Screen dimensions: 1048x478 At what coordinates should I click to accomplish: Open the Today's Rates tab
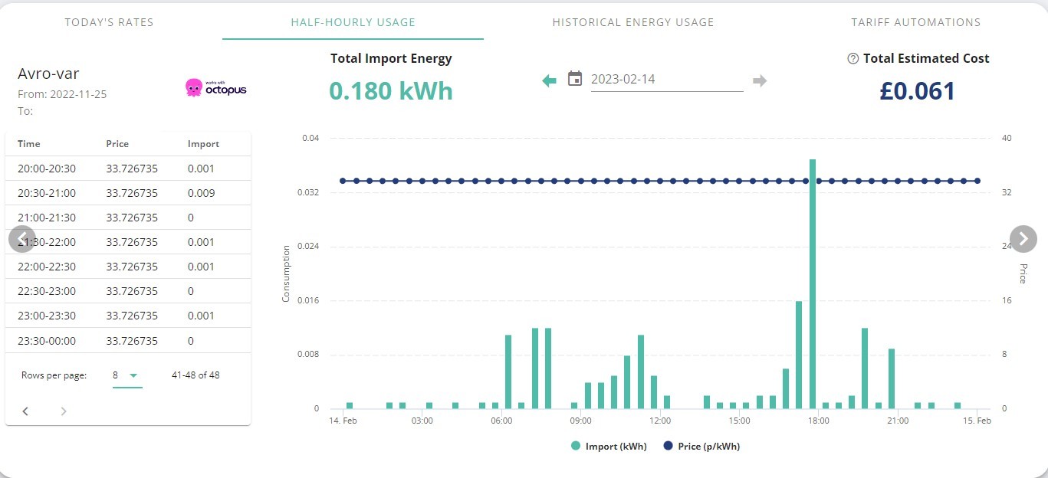click(109, 22)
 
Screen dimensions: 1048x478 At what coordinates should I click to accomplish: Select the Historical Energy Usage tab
click(633, 22)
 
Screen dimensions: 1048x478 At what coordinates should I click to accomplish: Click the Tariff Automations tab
click(915, 22)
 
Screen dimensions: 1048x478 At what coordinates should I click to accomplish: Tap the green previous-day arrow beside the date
click(549, 81)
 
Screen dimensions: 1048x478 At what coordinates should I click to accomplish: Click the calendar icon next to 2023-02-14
click(575, 78)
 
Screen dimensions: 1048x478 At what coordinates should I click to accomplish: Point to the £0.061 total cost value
click(917, 90)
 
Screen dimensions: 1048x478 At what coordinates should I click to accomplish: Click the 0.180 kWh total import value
click(391, 90)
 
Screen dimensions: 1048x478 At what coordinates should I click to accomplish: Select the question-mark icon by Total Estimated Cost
click(853, 58)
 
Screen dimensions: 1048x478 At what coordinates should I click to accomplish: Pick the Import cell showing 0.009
click(201, 193)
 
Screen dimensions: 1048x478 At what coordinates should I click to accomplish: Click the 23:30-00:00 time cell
click(47, 341)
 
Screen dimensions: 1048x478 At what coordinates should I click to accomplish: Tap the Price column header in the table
click(117, 144)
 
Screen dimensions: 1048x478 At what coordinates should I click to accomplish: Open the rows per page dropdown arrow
click(133, 375)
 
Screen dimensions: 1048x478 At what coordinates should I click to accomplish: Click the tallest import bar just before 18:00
click(813, 284)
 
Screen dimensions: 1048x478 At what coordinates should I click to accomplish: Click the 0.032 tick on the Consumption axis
click(308, 192)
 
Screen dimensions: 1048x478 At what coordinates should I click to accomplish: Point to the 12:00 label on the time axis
click(659, 421)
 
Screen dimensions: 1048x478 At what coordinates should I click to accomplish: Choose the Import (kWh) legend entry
click(609, 447)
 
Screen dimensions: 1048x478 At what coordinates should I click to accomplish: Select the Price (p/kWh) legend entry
click(701, 447)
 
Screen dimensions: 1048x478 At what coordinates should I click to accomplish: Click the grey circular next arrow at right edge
click(1023, 239)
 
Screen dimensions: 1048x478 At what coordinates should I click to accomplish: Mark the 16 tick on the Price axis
click(1007, 300)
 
